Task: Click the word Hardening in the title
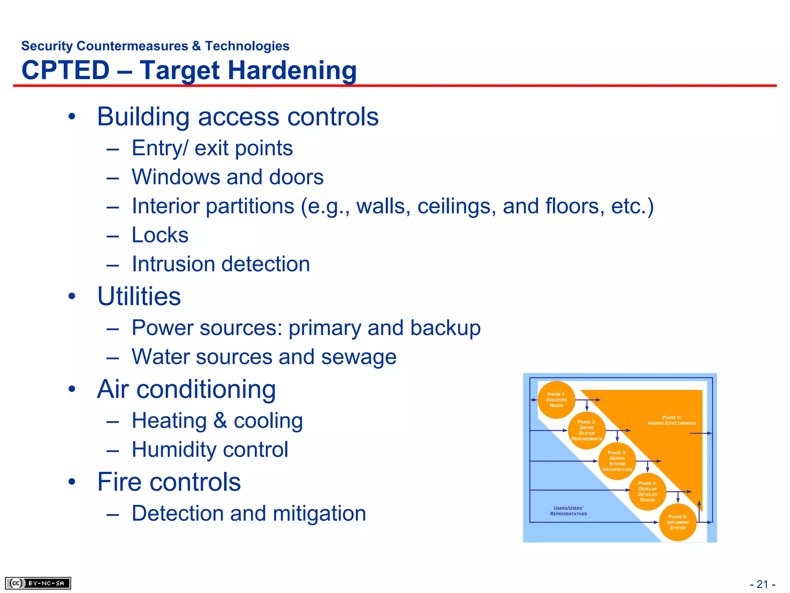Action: click(292, 71)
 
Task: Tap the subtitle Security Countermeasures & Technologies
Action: click(155, 46)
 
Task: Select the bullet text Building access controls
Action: click(238, 117)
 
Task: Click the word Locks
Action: click(160, 235)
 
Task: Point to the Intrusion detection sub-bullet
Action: click(221, 264)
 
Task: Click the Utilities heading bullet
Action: click(139, 296)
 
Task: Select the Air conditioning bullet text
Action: click(186, 389)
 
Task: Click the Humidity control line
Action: click(210, 450)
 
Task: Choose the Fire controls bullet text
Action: click(169, 482)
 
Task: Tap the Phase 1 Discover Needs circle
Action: click(556, 400)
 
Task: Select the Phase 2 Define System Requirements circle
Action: click(587, 430)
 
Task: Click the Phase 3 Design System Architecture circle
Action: click(617, 461)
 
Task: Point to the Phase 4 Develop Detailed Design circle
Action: click(647, 491)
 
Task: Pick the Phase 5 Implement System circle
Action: click(678, 522)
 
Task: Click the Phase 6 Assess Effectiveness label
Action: click(672, 420)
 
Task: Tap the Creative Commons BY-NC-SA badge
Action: click(38, 583)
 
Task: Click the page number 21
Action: click(762, 584)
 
